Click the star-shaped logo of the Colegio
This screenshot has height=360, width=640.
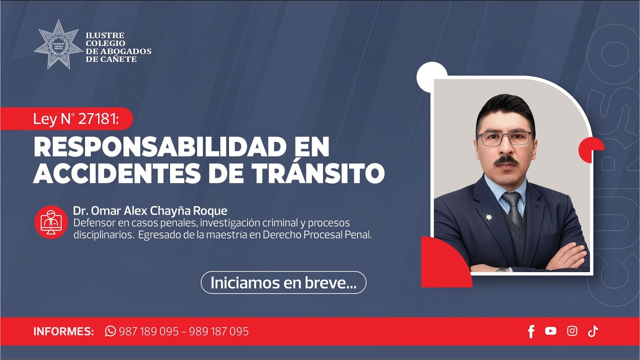tap(58, 44)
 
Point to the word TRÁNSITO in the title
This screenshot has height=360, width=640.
tap(318, 173)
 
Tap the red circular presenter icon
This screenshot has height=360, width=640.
tap(51, 222)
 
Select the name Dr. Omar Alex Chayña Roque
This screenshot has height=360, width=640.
tap(149, 210)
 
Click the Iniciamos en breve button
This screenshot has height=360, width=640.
tap(283, 282)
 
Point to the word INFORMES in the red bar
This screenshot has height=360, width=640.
tap(63, 331)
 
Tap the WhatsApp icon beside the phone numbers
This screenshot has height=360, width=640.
tap(110, 331)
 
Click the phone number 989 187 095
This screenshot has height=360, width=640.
tap(219, 331)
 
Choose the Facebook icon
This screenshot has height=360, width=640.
tap(531, 331)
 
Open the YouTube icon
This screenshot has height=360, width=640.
tap(550, 331)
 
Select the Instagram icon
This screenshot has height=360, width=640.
tap(572, 331)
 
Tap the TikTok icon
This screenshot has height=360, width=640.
tap(593, 331)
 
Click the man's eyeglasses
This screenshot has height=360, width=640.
tap(505, 138)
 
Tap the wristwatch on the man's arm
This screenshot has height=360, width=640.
tap(501, 270)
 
